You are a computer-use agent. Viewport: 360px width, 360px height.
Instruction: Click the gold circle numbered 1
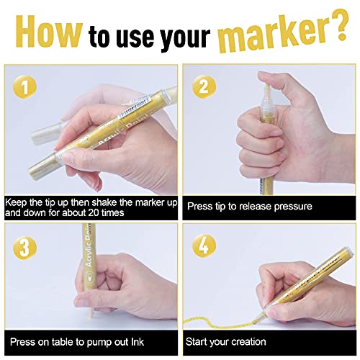coord(25,87)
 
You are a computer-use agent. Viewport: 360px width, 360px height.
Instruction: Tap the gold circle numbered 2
coord(204,86)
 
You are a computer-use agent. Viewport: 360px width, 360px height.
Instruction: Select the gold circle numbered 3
coord(24,246)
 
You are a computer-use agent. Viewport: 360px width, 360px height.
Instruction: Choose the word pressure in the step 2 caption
coord(293,207)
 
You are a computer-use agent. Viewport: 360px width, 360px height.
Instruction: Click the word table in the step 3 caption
coord(63,341)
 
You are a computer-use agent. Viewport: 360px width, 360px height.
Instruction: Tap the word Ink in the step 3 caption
coord(138,341)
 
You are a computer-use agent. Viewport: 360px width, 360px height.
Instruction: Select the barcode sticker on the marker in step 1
coord(135,105)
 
